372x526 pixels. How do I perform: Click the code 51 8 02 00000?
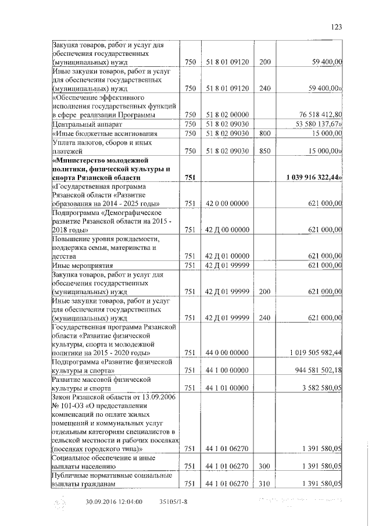click(x=227, y=114)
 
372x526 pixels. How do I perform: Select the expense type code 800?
click(x=264, y=133)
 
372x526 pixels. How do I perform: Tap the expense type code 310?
click(x=264, y=484)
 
